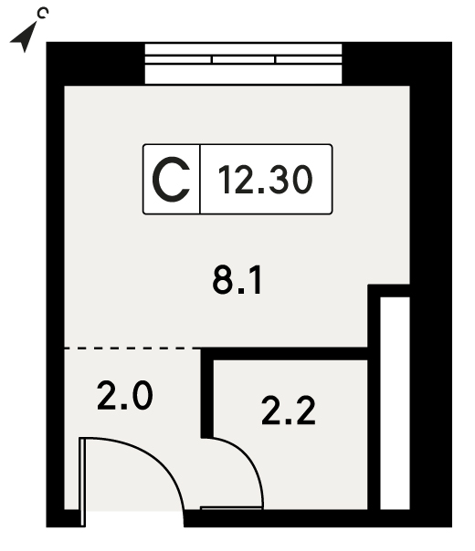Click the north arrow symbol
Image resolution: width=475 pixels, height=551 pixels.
[x=24, y=38]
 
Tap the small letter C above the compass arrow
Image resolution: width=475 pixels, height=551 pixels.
[x=43, y=13]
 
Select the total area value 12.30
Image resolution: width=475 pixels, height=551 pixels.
[x=265, y=180]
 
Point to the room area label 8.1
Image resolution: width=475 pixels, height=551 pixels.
[x=237, y=280]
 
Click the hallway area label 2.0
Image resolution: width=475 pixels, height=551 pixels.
[x=125, y=396]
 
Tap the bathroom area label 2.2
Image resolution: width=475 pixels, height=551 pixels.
[x=288, y=411]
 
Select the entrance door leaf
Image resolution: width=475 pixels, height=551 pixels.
[x=82, y=482]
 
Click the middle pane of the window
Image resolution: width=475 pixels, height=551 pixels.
[x=244, y=59]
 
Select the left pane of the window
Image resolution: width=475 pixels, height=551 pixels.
[x=178, y=59]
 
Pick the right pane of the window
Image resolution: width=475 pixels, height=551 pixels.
[x=309, y=59]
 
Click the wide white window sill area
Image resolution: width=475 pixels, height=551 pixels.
[x=244, y=74]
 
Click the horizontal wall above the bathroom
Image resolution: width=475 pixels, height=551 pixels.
[x=284, y=354]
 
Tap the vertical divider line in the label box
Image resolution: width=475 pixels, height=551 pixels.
[x=200, y=179]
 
